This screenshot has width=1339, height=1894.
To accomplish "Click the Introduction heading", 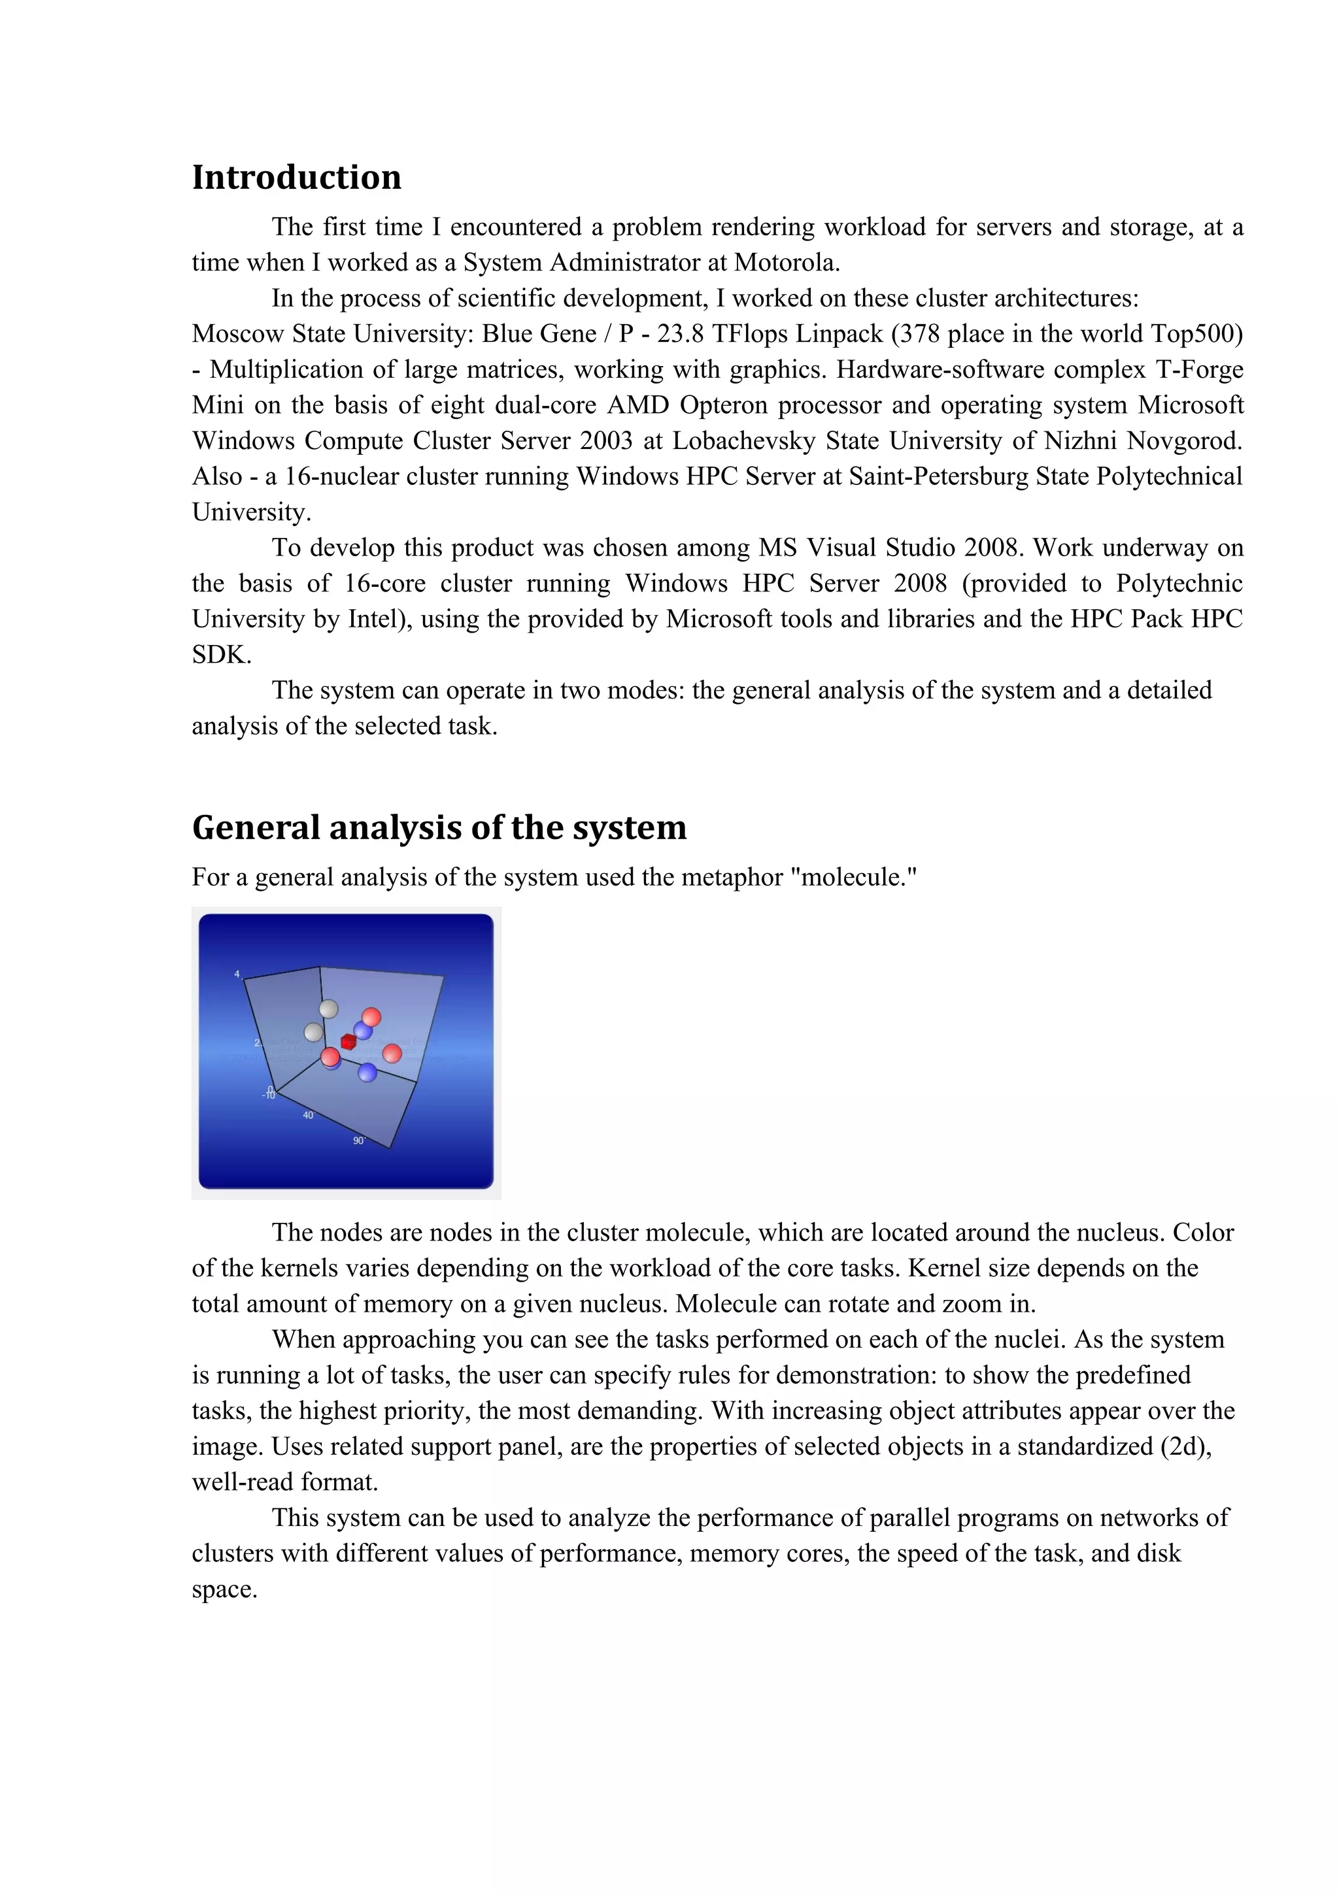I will [296, 177].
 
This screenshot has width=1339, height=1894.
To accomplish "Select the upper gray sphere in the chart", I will [328, 1008].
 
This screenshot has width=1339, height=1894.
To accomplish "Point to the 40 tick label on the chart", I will [308, 1114].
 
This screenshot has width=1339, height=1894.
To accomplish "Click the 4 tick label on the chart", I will [237, 974].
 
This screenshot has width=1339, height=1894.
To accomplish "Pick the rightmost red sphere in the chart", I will [392, 1053].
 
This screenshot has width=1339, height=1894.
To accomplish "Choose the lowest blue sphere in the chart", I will [367, 1072].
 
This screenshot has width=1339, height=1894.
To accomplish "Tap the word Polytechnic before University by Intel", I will [1179, 583].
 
